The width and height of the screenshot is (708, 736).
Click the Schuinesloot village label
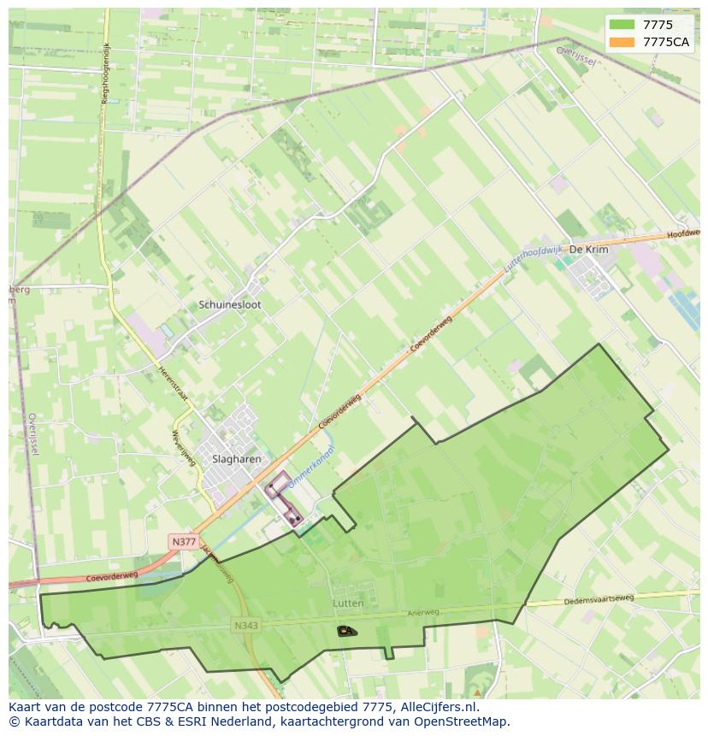pyautogui.click(x=229, y=304)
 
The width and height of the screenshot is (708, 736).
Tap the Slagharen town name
pyautogui.click(x=236, y=459)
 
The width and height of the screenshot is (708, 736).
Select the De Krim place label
pyautogui.click(x=588, y=249)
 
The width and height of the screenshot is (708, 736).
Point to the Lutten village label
pyautogui.click(x=348, y=603)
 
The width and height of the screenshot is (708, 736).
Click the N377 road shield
pyautogui.click(x=183, y=542)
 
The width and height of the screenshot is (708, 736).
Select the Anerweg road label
pyautogui.click(x=422, y=612)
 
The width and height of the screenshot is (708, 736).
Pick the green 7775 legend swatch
pyautogui.click(x=622, y=25)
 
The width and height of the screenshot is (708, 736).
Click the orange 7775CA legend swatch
pyautogui.click(x=622, y=42)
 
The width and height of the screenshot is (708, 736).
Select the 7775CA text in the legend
pyautogui.click(x=666, y=42)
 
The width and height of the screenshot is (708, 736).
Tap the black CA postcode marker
pyautogui.click(x=345, y=631)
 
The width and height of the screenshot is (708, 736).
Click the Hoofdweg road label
pyautogui.click(x=684, y=233)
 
